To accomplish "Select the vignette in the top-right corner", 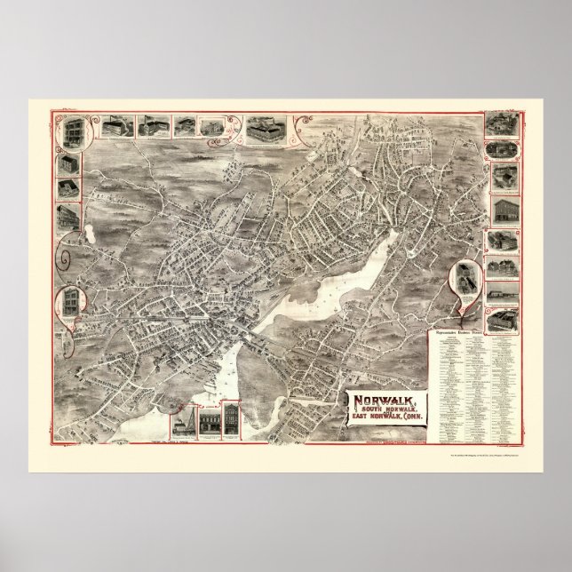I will pos(497,125).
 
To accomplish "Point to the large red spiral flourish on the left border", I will pos(64,260).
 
